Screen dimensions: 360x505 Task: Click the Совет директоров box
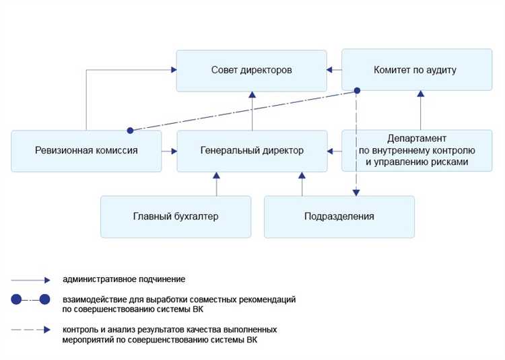point(251,70)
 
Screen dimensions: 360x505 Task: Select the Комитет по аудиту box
point(416,70)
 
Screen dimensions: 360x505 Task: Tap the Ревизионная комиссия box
point(86,151)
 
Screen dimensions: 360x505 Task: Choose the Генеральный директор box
point(252,151)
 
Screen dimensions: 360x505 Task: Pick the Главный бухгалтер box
point(175,217)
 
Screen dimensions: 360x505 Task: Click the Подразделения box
point(339,217)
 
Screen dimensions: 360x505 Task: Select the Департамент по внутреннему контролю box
point(416,151)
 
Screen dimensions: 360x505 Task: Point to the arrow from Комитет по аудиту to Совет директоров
point(334,70)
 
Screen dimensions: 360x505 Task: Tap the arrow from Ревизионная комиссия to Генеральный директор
point(169,151)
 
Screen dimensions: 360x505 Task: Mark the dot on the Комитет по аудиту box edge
point(358,90)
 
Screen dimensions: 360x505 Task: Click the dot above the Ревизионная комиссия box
point(130,130)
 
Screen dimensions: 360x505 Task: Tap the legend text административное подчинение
point(124,279)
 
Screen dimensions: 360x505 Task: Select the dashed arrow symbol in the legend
point(31,330)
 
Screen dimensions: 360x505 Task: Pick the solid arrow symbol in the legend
point(31,279)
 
